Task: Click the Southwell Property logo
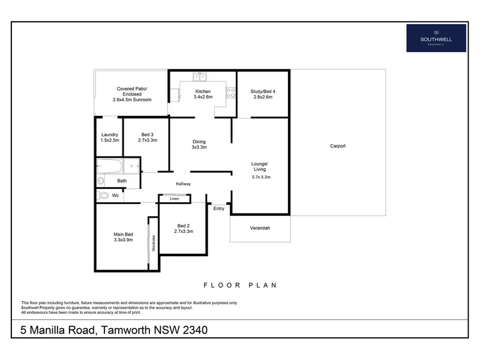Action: coord(436,38)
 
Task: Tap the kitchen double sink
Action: coord(200,77)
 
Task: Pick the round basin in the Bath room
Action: coord(100,181)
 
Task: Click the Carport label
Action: coord(338,146)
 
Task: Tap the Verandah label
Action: coord(260,228)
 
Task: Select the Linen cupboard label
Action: coord(175,199)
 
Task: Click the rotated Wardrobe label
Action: coord(153,248)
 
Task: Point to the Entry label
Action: coord(219,208)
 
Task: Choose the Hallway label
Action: coord(183,184)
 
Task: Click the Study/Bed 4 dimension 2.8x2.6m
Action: coord(262,97)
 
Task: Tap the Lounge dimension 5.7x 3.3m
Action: coord(261,177)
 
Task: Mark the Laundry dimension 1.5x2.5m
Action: coord(110,140)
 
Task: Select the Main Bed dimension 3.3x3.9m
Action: coord(123,239)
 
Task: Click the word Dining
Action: coord(199,142)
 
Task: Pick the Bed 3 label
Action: coord(148,134)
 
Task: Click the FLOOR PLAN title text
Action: coord(240,285)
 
